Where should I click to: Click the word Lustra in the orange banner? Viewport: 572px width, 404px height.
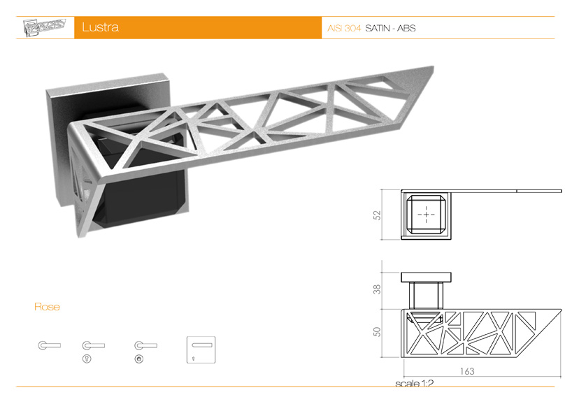100,28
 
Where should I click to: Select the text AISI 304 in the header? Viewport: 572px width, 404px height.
344,29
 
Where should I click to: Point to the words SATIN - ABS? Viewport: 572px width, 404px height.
390,29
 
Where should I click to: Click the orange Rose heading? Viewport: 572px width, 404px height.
47,307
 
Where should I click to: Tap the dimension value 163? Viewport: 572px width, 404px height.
466,371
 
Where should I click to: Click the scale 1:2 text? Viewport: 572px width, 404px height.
414,384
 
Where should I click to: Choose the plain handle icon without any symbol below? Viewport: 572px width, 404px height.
49,345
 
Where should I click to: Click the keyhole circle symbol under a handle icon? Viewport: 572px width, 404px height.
87,359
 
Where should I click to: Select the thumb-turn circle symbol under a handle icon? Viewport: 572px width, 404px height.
138,359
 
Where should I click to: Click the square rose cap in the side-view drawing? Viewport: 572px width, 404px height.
424,277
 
